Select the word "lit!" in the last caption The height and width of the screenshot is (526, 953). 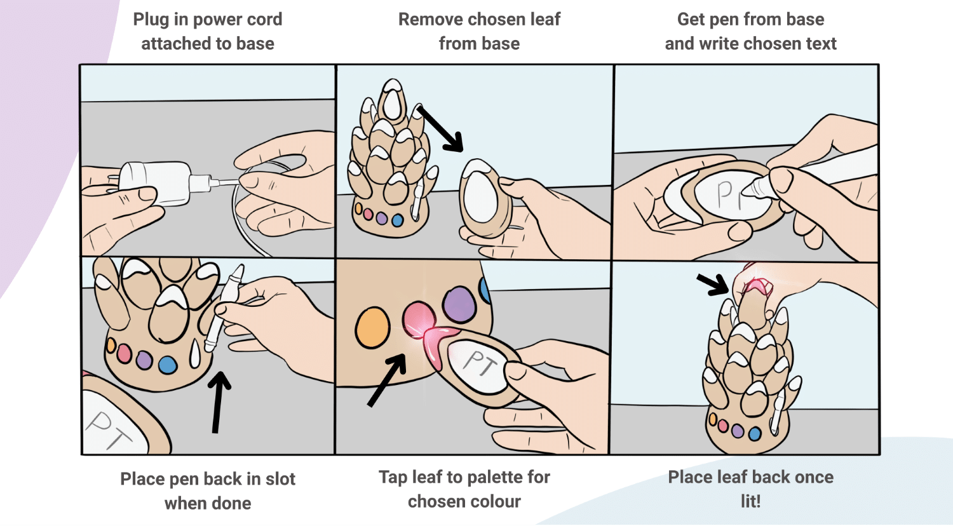[750, 501]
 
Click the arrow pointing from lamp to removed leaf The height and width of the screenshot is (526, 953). [441, 129]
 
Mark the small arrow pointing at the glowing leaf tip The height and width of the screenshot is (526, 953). [713, 284]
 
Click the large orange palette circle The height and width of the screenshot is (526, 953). [372, 327]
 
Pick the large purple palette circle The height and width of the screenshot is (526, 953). [459, 304]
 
